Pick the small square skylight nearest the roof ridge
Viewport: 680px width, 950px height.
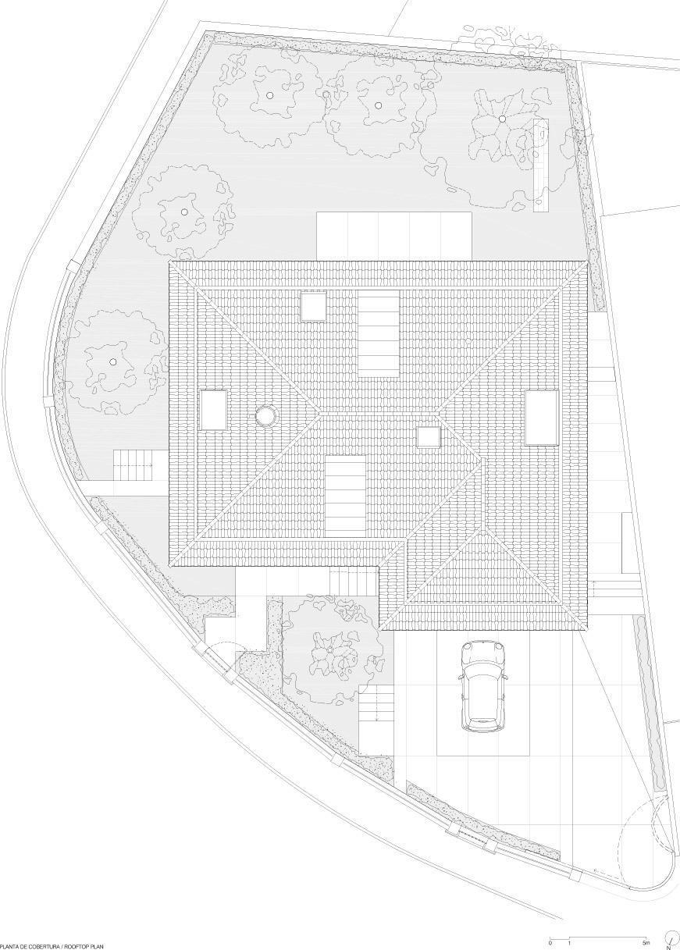(429, 437)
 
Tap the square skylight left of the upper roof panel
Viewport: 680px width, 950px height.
(314, 306)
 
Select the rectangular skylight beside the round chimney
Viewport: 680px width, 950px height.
(214, 410)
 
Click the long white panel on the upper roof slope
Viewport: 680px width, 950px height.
(379, 333)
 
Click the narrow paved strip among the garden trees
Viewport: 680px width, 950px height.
(541, 165)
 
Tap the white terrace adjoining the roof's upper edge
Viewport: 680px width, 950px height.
(394, 237)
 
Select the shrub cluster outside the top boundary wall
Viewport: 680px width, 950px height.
(509, 41)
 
